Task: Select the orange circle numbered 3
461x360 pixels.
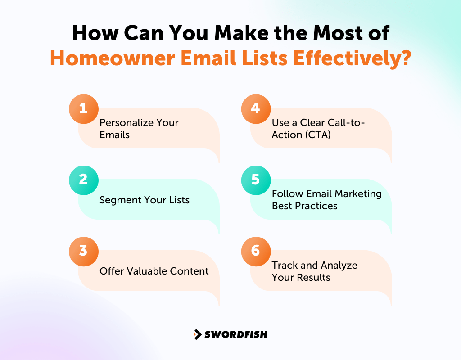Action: (83, 251)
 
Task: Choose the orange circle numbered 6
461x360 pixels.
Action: (256, 251)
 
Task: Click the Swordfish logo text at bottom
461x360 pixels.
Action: (235, 334)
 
